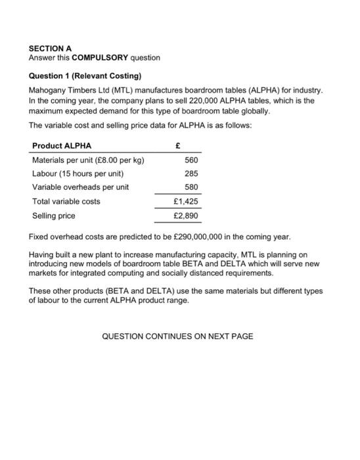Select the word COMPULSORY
click(105, 58)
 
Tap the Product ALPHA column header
click(62, 145)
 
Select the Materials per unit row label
click(89, 160)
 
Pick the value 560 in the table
click(191, 160)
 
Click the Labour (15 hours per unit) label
click(78, 173)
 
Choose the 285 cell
click(191, 173)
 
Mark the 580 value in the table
click(191, 187)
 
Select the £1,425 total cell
click(185, 201)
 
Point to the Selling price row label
click(54, 216)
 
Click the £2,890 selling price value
click(185, 216)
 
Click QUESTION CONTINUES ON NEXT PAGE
click(177, 336)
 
